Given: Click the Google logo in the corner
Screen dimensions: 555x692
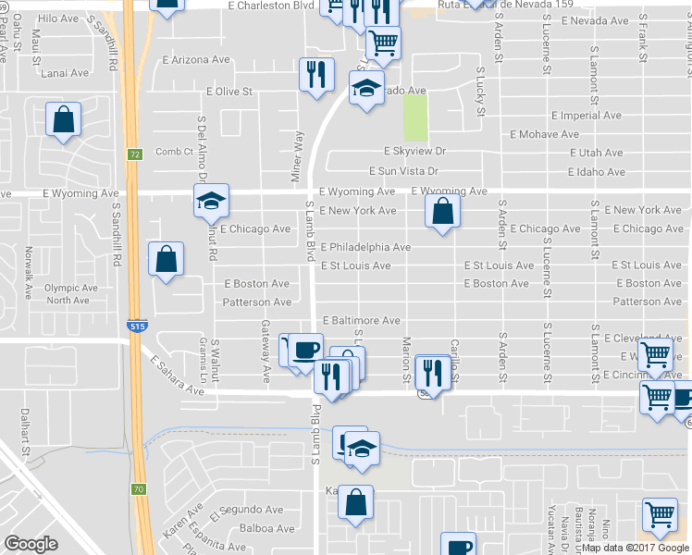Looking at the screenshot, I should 31,544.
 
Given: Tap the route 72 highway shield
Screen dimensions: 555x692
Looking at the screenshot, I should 135,154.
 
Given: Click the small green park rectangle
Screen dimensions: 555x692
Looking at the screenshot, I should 416,118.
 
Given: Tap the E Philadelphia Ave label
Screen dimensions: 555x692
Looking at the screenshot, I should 365,247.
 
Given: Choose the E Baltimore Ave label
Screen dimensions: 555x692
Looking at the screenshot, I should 361,320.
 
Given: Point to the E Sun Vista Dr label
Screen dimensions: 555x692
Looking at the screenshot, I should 403,171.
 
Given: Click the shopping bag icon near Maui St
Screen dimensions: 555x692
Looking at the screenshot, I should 63,119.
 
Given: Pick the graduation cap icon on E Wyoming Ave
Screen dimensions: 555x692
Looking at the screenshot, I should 211,200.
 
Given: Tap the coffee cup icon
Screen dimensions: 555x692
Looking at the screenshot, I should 306,350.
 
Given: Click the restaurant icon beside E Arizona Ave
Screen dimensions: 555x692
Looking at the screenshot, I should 316,73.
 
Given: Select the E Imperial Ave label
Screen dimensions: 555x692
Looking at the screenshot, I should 586,116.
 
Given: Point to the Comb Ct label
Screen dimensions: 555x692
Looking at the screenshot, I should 173,152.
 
